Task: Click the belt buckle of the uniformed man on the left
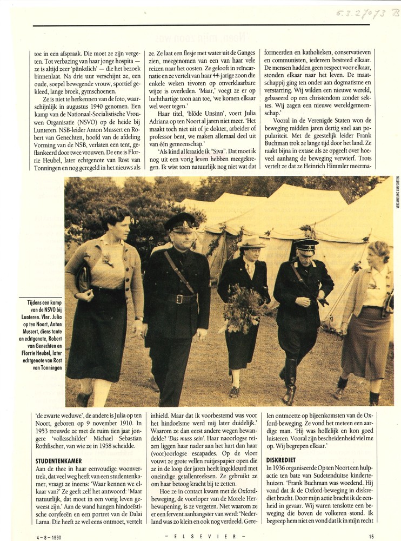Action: tap(178, 299)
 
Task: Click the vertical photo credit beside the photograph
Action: tap(397, 195)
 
